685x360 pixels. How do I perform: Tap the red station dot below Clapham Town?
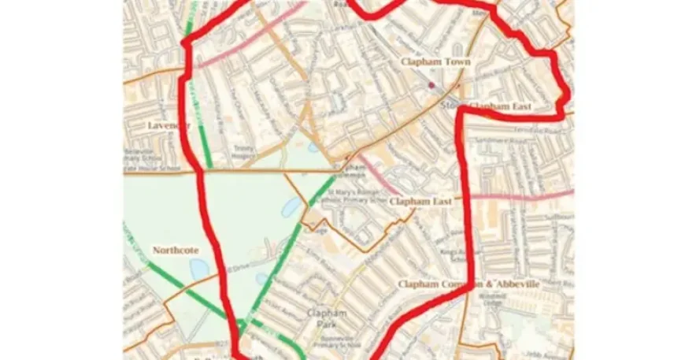click(431, 84)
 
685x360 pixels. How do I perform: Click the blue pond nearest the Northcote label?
click(199, 269)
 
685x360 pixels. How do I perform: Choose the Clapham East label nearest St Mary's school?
click(420, 202)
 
